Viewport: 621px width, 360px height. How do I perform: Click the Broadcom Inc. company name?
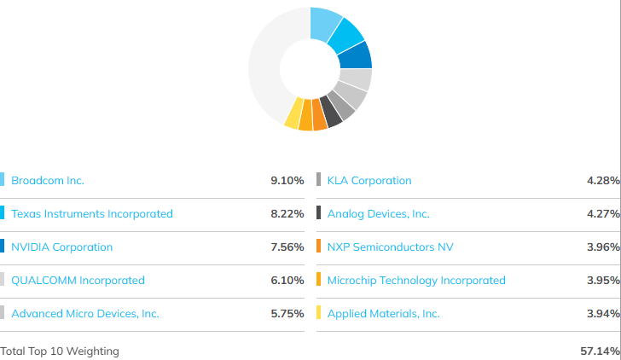tap(48, 181)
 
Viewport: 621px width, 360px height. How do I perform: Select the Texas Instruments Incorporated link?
tap(92, 214)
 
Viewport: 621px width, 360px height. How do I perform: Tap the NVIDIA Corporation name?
tap(61, 247)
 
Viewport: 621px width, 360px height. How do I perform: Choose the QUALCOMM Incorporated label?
tap(78, 281)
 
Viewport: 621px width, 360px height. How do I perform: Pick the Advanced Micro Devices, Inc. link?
tap(85, 314)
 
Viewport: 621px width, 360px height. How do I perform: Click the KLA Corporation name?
tap(369, 181)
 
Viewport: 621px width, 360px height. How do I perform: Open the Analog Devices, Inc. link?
tap(378, 214)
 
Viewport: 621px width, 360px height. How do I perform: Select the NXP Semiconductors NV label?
tap(390, 247)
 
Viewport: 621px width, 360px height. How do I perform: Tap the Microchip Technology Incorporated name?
tap(416, 281)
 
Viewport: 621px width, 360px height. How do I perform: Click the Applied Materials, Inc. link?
tap(383, 314)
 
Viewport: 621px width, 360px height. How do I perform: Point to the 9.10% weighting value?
tap(287, 181)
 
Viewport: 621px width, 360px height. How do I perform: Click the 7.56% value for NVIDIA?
tap(287, 247)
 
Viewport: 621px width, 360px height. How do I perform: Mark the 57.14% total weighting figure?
tap(600, 351)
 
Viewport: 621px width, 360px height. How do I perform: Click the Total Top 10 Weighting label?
tap(60, 351)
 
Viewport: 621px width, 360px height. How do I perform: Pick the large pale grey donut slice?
tap(264, 67)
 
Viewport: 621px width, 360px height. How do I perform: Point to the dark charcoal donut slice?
tap(331, 113)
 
